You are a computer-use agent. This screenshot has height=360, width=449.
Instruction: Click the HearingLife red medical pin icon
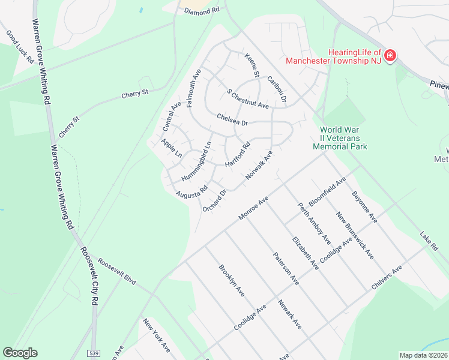[x=390, y=56]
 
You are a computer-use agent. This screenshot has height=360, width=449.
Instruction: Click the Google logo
[x=20, y=353]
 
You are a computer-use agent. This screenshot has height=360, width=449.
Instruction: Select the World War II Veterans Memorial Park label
[x=343, y=138]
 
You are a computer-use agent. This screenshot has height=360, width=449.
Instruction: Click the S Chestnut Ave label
[x=247, y=99]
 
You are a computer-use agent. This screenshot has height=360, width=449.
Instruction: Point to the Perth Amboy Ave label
[x=315, y=223]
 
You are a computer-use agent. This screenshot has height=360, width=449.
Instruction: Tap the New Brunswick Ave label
[x=355, y=235]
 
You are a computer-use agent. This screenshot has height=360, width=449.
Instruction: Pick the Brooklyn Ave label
[x=231, y=281]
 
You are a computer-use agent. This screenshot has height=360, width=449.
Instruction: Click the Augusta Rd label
[x=191, y=192]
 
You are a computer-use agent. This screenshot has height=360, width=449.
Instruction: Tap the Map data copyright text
[x=424, y=355]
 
